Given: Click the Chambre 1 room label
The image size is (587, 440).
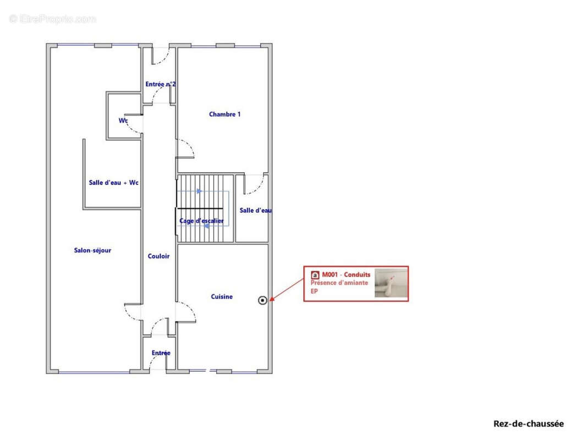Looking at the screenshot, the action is (224, 114).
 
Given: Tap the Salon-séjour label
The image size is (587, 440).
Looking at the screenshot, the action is (92, 250).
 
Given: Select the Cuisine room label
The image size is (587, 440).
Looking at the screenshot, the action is (222, 296).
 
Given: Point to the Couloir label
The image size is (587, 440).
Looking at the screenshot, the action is (158, 256).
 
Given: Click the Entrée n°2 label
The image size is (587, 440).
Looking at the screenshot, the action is (160, 84).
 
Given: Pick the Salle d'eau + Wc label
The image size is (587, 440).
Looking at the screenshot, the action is (113, 183).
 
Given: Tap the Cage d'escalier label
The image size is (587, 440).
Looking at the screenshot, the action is (201, 221).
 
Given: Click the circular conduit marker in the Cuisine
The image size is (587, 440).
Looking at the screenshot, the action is (262, 300).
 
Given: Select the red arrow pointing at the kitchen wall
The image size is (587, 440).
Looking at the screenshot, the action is (287, 289).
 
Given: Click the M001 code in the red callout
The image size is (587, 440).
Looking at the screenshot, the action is (330, 274).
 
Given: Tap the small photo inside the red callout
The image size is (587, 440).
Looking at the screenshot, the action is (391, 283).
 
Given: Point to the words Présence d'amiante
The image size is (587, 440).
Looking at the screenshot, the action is (339, 283).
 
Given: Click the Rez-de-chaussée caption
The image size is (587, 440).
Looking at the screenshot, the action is (528, 424).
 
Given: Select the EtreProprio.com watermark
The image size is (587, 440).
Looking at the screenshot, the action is (52, 19).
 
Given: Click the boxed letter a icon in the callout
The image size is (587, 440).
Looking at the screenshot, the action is (315, 275).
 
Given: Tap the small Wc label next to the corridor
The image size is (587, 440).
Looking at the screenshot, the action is (123, 120).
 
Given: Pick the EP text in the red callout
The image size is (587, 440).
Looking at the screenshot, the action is (314, 291).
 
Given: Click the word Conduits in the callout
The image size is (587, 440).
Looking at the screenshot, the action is (357, 274).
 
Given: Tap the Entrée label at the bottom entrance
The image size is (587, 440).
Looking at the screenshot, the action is (161, 353).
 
